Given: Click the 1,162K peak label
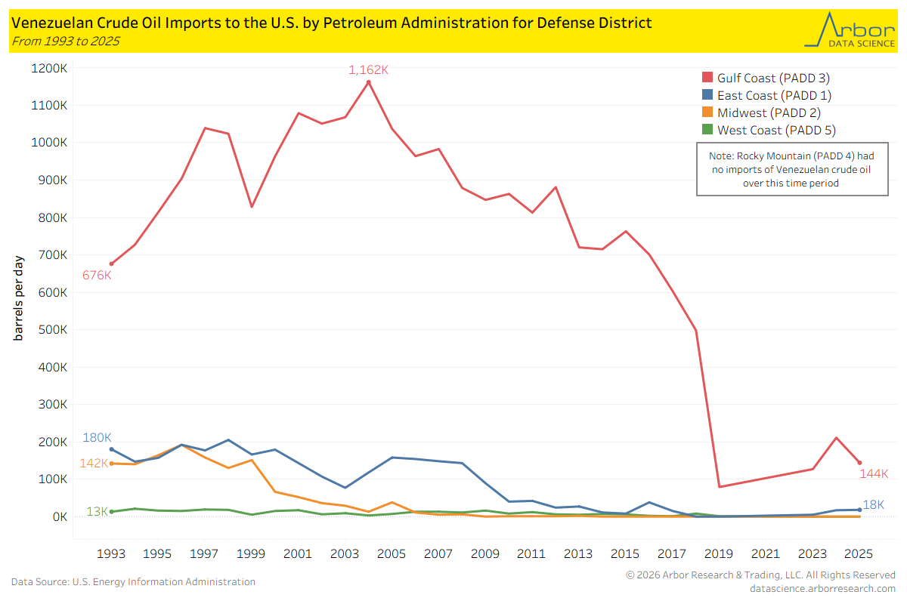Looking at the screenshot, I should [x=368, y=70].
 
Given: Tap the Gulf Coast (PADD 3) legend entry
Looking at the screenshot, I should [x=766, y=78].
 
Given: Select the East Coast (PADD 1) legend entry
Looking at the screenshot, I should [x=766, y=95].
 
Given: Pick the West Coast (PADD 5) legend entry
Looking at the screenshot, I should [x=768, y=130].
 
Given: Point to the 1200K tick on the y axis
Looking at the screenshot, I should [x=49, y=69].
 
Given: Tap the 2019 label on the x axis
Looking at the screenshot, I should [x=718, y=553].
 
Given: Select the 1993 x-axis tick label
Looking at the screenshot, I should [x=111, y=553].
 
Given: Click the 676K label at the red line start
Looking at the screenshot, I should [x=97, y=276].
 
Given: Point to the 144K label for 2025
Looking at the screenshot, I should [x=874, y=473].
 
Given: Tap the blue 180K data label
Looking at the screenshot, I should [x=97, y=438].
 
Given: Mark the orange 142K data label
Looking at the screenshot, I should [x=94, y=463].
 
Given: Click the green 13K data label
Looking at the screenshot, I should [x=97, y=511].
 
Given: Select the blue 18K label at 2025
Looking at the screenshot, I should [x=874, y=504].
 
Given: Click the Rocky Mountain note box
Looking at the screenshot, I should [x=791, y=170].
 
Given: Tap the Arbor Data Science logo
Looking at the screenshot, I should [x=848, y=30].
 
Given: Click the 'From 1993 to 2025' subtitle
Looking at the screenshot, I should [x=65, y=41].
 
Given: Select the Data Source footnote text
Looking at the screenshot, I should [x=133, y=582].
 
